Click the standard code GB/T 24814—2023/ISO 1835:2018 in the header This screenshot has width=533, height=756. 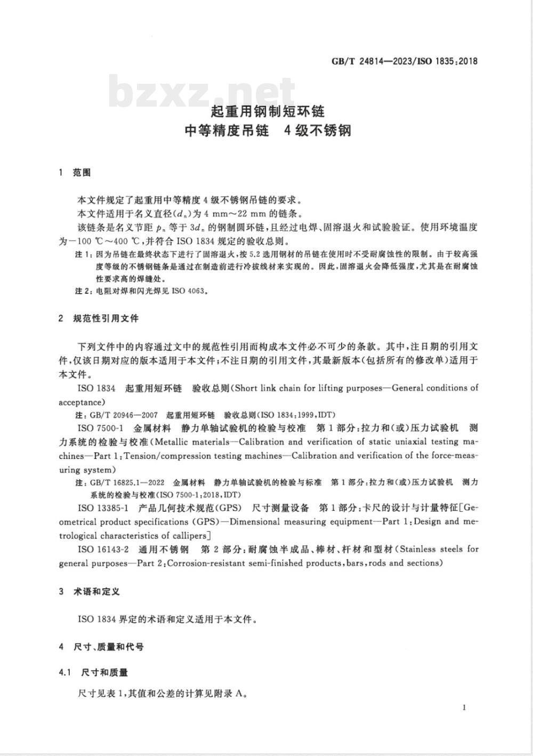[405, 61]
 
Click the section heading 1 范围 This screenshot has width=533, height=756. [75, 173]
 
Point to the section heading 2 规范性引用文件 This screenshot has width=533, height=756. [99, 318]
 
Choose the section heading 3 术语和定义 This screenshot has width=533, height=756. [90, 592]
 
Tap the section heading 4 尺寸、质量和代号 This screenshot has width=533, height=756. [101, 647]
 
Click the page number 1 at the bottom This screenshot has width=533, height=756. [465, 707]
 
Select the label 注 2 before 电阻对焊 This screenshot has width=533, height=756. [83, 292]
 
